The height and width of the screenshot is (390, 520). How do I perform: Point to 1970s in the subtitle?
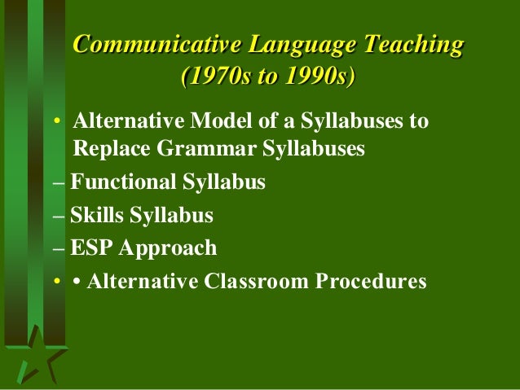(214, 78)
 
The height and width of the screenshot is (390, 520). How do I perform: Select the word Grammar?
(190, 150)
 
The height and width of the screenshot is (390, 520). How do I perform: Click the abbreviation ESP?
(88, 248)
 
